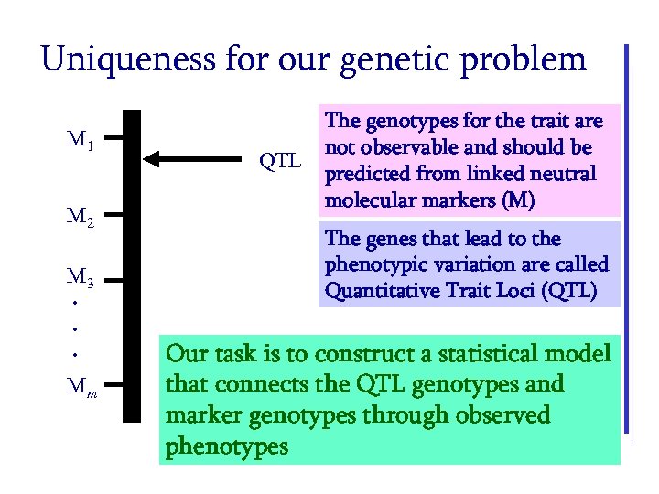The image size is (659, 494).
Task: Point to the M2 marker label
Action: (81, 217)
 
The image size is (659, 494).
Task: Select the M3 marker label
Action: (81, 275)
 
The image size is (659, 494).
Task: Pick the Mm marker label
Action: (83, 381)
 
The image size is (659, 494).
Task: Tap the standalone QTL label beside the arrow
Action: (279, 163)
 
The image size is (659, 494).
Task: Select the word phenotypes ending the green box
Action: (228, 447)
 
